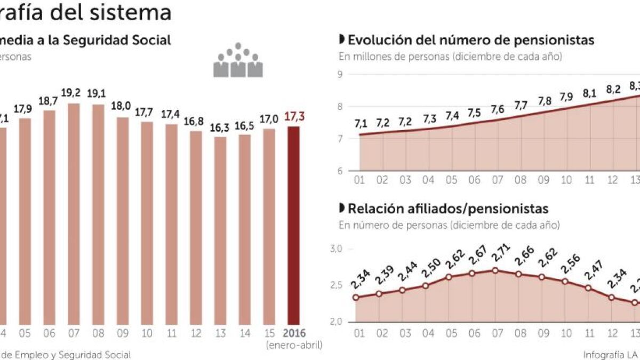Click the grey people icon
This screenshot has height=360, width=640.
click(x=238, y=60)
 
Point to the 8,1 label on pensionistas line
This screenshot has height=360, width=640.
click(x=589, y=93)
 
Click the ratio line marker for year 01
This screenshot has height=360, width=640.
click(x=356, y=297)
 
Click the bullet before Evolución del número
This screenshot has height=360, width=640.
click(x=342, y=40)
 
